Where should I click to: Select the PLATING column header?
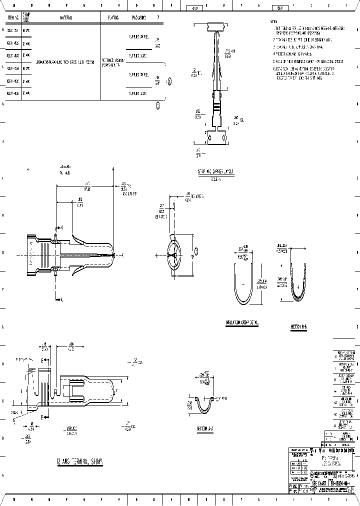(112, 17)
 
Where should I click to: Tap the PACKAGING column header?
(139, 17)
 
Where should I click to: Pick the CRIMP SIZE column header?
(26, 17)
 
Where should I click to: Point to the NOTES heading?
(273, 22)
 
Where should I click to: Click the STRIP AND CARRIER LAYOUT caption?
(216, 171)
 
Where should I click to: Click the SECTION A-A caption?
(205, 429)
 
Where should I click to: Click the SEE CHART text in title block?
(319, 483)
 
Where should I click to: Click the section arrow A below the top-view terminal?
(56, 299)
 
